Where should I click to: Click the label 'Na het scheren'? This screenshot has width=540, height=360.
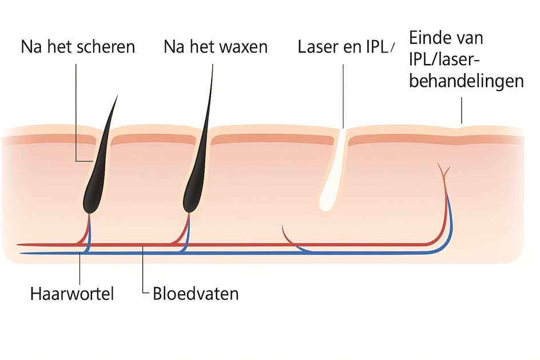[x=78, y=46]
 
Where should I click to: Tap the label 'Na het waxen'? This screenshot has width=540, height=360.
[x=215, y=46]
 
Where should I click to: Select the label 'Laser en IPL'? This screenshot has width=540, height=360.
[x=343, y=46]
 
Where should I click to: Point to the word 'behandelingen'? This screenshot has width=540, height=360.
[x=466, y=81]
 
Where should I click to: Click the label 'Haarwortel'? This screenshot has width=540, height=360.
[x=72, y=294]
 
